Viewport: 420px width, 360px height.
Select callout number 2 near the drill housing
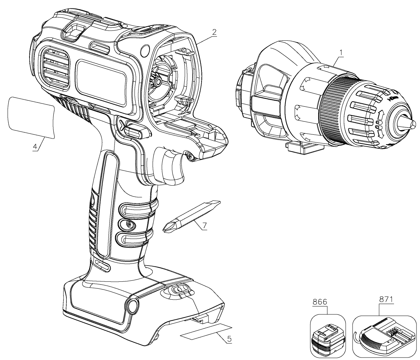click(214, 32)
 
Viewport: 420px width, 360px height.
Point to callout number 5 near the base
click(229, 339)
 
